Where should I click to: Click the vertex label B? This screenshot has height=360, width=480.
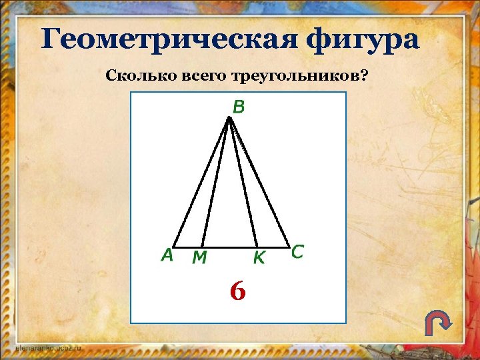coord(238,106)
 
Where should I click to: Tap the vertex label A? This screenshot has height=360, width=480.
coord(167,255)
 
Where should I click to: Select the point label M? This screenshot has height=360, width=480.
coord(199,257)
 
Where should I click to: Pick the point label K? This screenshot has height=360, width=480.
coord(258,257)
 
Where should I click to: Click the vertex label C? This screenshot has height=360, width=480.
coord(297,252)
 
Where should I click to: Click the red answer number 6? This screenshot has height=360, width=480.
coord(237,291)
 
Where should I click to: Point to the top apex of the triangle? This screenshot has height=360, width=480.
coord(229,118)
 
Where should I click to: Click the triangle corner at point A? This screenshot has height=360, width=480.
coord(173,246)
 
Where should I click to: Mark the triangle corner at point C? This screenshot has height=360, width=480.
coord(290,245)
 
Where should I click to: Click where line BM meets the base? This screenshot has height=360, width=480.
coord(202,246)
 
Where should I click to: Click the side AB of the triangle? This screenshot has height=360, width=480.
coord(201,182)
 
